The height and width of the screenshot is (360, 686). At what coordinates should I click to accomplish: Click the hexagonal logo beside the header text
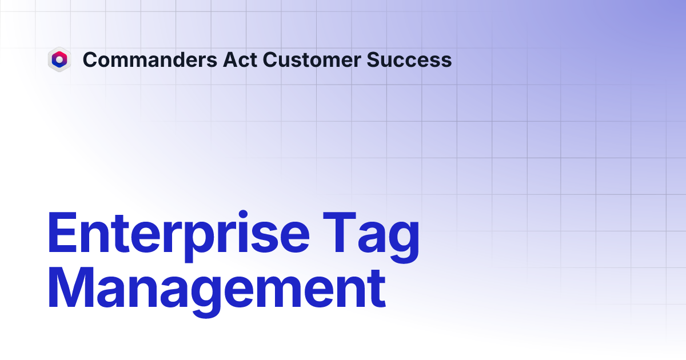(x=59, y=59)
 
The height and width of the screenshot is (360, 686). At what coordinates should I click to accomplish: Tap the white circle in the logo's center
(x=59, y=59)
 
